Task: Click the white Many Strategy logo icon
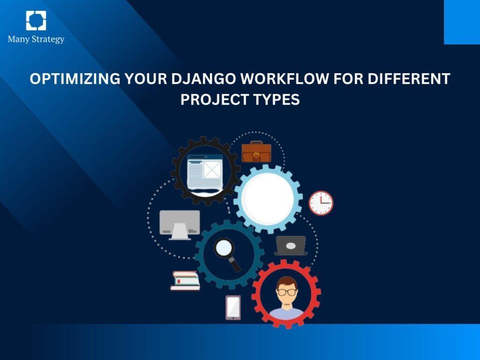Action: [x=36, y=21]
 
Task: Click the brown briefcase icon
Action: [x=256, y=152]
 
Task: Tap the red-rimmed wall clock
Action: [x=321, y=203]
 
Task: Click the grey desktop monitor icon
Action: [x=180, y=225]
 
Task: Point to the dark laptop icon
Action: [x=291, y=246]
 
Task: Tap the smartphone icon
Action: [x=233, y=307]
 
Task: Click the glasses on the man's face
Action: [x=286, y=292]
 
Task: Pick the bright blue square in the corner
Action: [x=462, y=22]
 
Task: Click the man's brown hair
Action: [x=286, y=281]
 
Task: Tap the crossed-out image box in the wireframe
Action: [x=211, y=170]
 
